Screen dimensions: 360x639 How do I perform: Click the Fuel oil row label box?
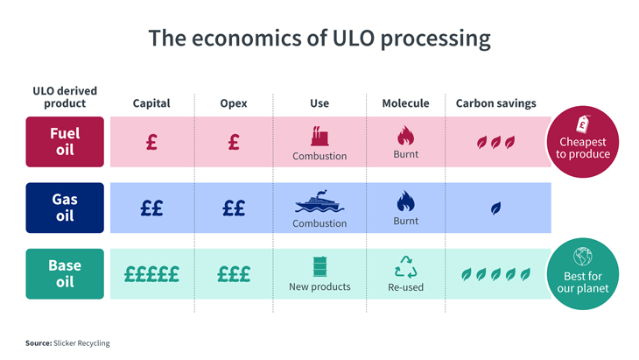point(65,141)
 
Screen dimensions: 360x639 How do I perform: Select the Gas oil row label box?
point(65,208)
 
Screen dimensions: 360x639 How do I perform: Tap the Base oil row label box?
point(65,273)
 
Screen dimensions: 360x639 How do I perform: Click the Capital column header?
point(151,103)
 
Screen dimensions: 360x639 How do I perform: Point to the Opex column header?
point(234,103)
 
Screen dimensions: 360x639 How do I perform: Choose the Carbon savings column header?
point(495,103)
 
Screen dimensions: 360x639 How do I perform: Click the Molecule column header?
point(405,103)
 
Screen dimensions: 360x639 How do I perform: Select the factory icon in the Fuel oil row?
point(319,136)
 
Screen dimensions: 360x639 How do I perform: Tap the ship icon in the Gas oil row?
point(319,202)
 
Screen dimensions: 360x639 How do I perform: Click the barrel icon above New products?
point(319,267)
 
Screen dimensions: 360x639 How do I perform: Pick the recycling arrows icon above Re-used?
point(405,266)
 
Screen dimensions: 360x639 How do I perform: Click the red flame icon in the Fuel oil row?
point(405,136)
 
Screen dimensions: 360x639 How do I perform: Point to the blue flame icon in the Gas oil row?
point(405,202)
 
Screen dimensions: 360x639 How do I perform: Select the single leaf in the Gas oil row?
point(495,208)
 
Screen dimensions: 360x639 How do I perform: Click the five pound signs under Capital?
point(151,274)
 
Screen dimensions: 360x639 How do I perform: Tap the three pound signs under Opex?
point(234,274)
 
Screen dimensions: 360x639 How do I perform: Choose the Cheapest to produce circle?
point(583,142)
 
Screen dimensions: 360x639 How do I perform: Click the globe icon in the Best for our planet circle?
point(583,257)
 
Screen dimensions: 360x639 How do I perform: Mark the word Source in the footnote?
point(39,343)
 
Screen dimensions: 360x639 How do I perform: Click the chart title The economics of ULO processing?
point(319,39)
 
